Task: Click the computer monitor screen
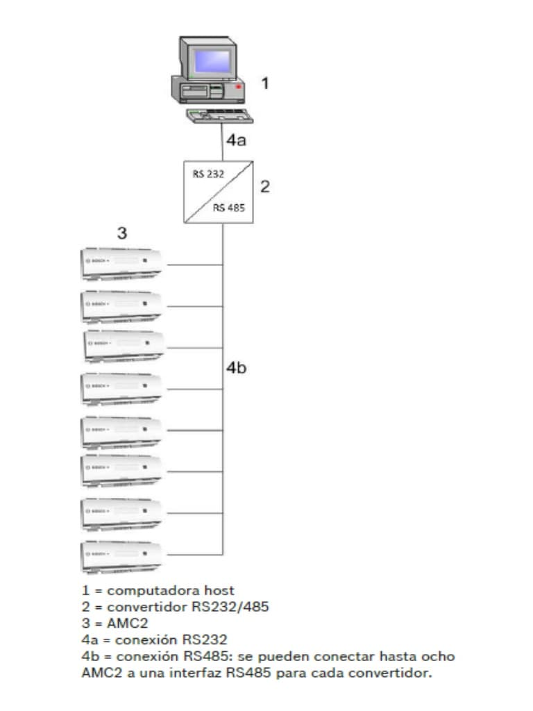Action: [212, 60]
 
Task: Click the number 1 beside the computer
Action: [264, 83]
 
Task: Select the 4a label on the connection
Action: [235, 141]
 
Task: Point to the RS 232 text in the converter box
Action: [208, 174]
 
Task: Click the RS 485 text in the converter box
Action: [229, 208]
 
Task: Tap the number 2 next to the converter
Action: [264, 186]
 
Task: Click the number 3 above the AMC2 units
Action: [122, 233]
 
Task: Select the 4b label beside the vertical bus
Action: [236, 369]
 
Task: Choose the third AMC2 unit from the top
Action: [123, 345]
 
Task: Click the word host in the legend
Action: [219, 591]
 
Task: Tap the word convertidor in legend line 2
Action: [142, 607]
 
